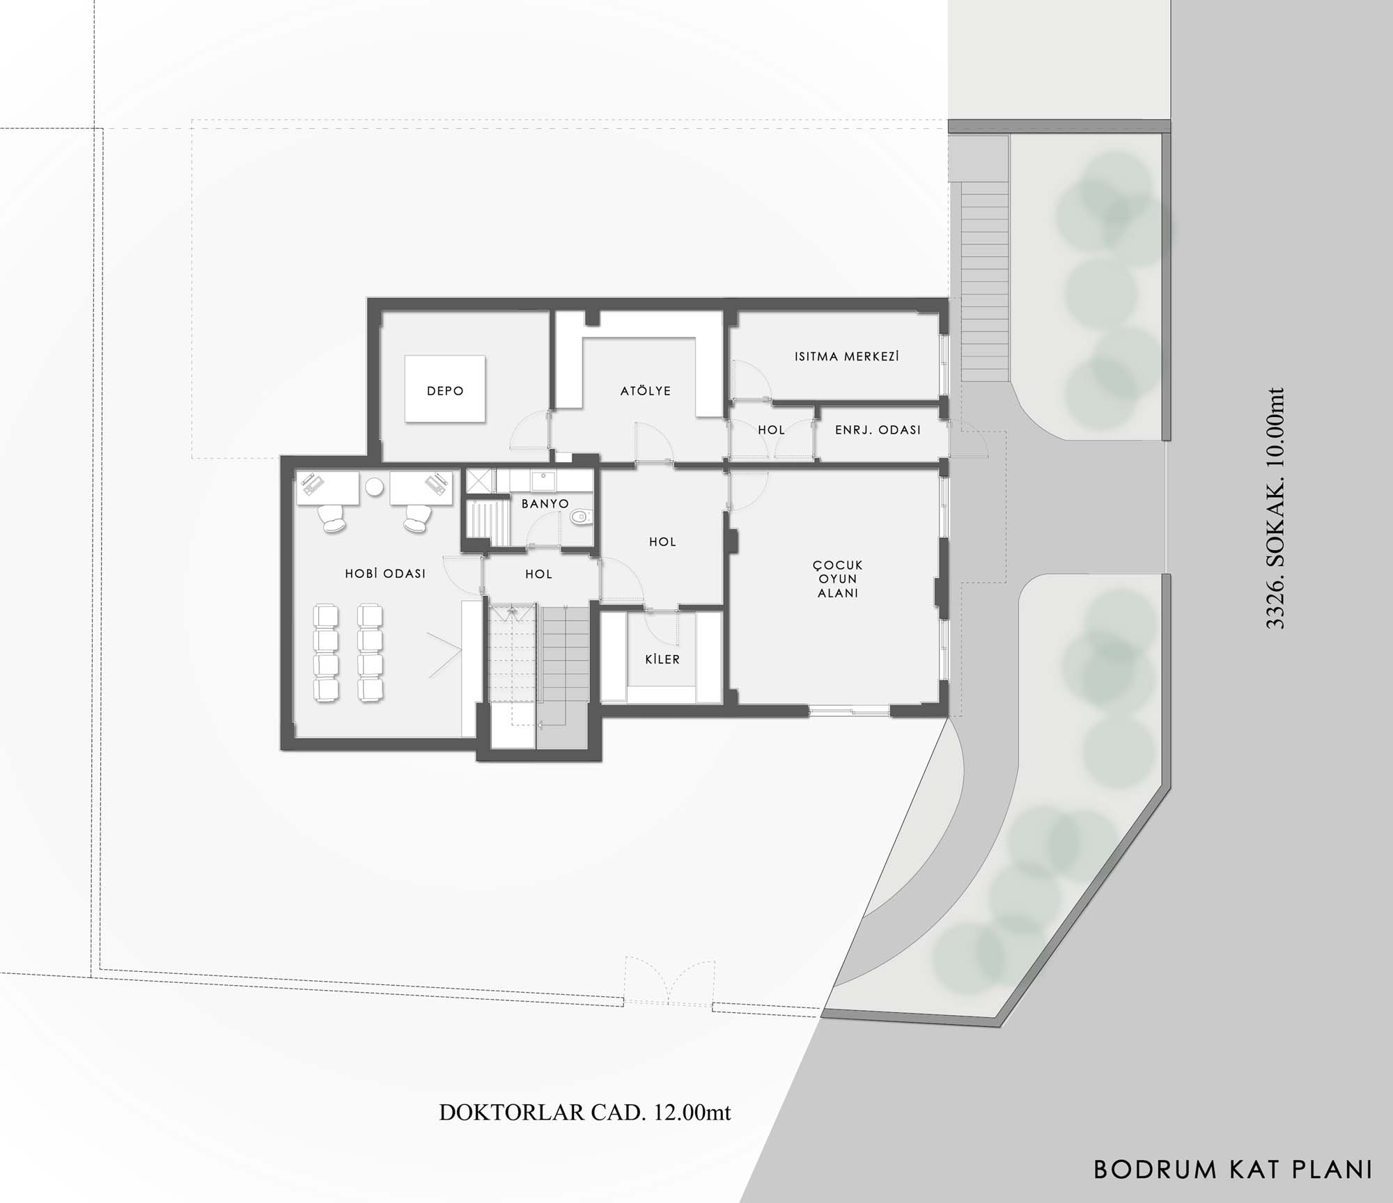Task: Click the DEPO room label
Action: point(445,391)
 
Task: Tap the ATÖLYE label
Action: point(646,391)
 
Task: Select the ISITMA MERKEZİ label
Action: point(847,356)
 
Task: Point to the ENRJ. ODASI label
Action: point(878,430)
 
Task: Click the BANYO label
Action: point(545,503)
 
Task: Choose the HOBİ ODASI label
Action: point(385,574)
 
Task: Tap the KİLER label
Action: point(662,659)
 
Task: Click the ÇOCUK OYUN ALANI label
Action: point(839,579)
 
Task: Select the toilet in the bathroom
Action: point(579,517)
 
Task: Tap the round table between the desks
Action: point(375,487)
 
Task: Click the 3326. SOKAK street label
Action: point(1274,508)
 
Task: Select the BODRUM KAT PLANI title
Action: point(1234,1169)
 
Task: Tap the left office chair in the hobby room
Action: point(332,518)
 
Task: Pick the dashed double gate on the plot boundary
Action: point(669,982)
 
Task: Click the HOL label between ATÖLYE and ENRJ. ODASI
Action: point(771,430)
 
